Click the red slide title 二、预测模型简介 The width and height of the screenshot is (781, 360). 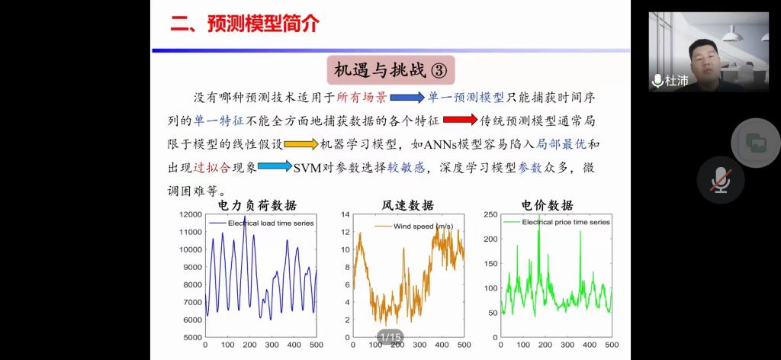coord(245,24)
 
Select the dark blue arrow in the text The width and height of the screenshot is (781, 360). coord(407,97)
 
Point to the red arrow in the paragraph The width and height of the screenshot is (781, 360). coord(460,120)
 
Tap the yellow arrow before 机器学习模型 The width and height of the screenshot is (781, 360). coord(301,144)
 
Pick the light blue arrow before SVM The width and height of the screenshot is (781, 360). coord(275,166)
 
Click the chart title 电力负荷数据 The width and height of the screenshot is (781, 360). coord(258,204)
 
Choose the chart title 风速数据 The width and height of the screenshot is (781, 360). coord(407,204)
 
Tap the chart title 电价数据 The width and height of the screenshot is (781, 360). coord(547,204)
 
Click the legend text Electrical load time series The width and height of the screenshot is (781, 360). coord(271,223)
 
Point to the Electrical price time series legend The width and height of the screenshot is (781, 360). coord(566,222)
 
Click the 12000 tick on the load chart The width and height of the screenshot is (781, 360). coord(190,214)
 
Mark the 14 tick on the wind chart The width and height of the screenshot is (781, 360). coord(346,214)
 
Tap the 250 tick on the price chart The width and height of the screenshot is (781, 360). coord(490,214)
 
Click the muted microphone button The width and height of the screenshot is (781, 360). coord(721,180)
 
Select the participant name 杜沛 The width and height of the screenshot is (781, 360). coord(677,80)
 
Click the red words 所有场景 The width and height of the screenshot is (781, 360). coord(362,98)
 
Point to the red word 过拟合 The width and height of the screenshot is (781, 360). coord(212,167)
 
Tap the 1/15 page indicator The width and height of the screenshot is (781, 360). coord(390,337)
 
